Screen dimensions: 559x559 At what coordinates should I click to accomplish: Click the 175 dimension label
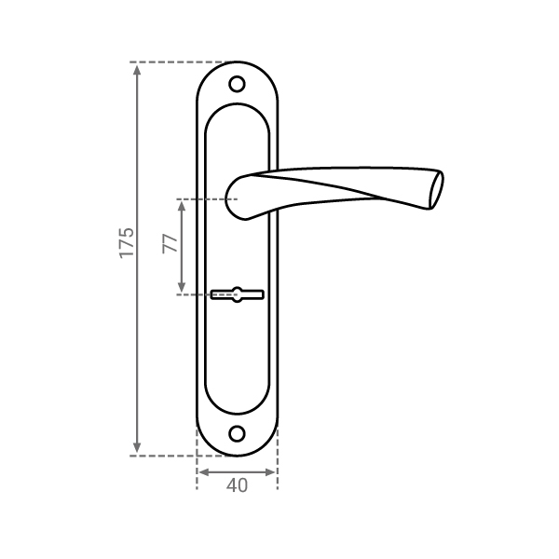click(x=127, y=242)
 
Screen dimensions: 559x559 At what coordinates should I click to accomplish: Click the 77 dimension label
click(x=170, y=243)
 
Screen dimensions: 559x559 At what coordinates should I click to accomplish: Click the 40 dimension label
click(x=237, y=485)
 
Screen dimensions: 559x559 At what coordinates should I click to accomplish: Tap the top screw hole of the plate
click(x=237, y=85)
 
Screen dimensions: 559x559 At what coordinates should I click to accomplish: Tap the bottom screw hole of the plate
click(x=237, y=434)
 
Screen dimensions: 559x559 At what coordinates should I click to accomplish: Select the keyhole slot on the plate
click(x=237, y=294)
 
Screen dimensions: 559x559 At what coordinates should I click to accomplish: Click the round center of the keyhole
click(x=237, y=294)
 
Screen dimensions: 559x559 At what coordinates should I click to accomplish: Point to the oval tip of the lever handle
click(x=437, y=190)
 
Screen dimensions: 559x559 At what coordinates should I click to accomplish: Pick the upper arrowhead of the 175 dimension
click(x=137, y=70)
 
